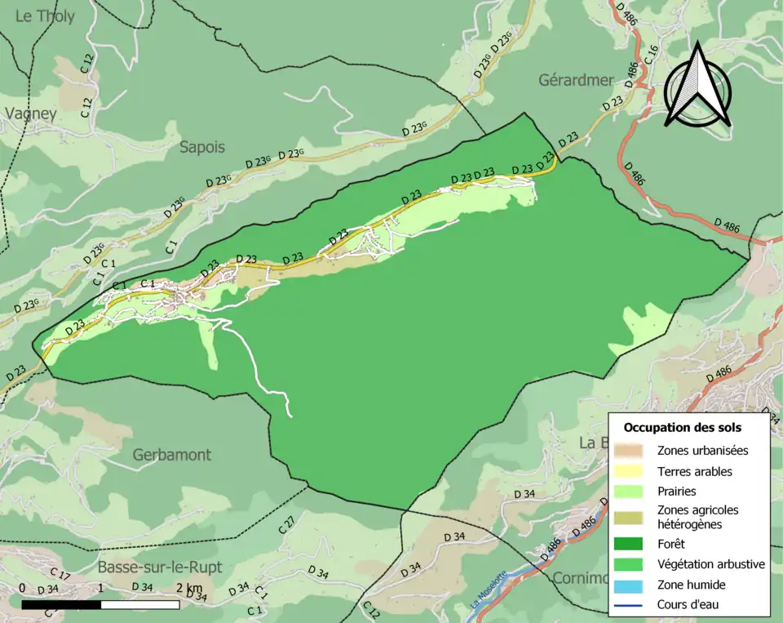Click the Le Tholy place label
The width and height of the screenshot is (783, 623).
[x=45, y=16]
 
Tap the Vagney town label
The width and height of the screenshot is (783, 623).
[x=31, y=114]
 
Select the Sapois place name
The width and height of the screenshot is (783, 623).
[x=201, y=147]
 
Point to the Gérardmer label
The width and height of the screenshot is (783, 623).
[x=575, y=80]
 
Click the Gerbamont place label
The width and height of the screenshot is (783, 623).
[x=173, y=455]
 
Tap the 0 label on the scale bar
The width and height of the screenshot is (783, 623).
[x=21, y=589]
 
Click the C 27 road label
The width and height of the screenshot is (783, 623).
[x=286, y=525]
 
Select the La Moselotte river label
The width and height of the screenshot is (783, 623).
[x=489, y=590]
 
